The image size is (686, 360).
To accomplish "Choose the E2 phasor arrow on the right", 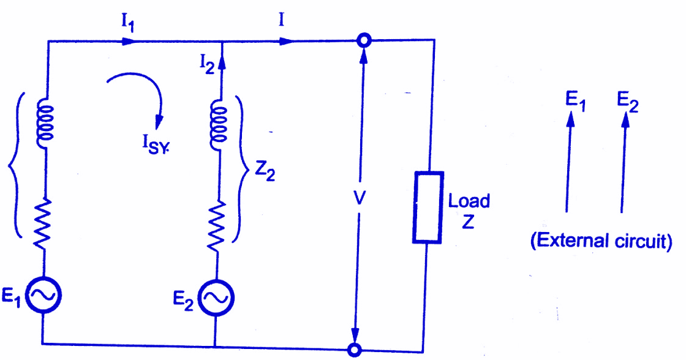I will [624, 163].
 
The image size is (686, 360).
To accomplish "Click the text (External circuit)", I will [601, 241].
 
